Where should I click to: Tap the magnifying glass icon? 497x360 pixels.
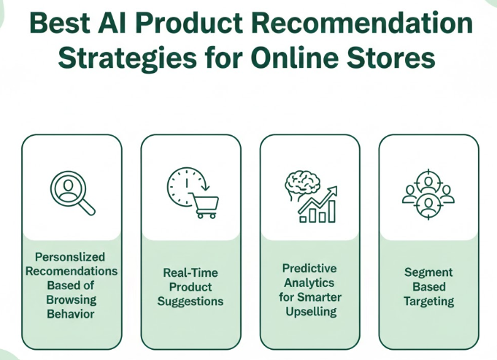72,193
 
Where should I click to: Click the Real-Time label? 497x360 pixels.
190,272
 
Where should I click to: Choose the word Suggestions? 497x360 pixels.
190,301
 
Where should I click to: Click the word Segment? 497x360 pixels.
428,272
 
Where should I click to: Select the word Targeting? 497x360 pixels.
428,301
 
